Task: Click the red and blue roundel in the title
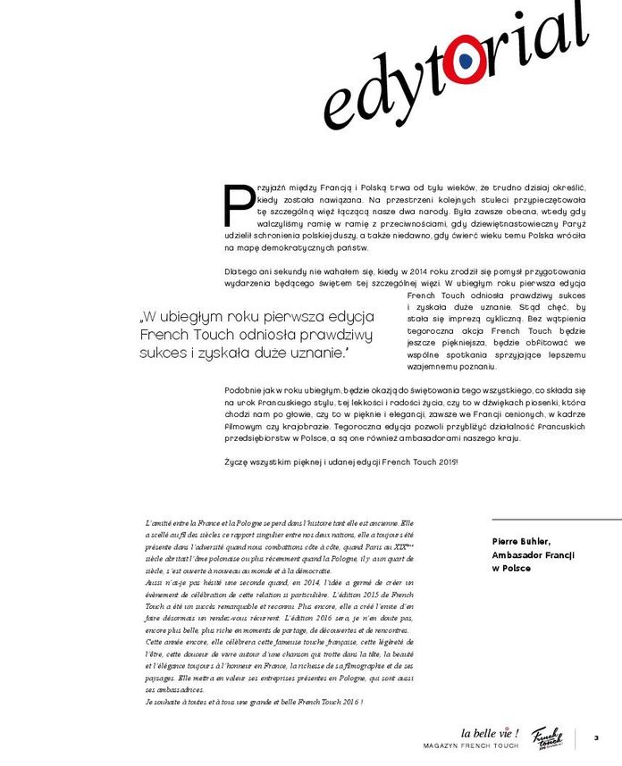(x=466, y=60)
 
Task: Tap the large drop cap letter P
(x=239, y=205)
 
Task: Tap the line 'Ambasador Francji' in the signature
(x=531, y=554)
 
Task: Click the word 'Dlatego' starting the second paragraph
(x=237, y=270)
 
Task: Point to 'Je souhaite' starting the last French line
(x=165, y=703)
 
